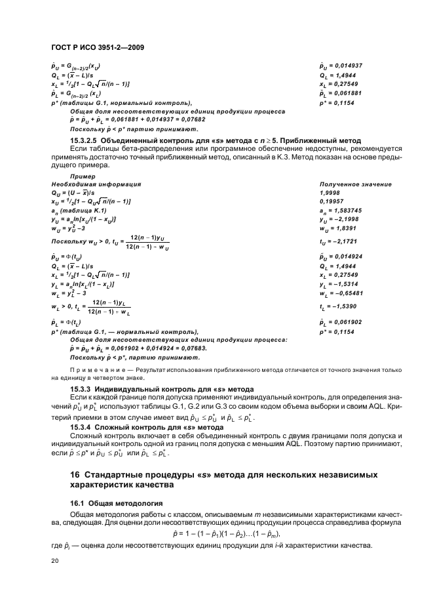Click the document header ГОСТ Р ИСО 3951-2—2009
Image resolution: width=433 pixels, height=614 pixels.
97,47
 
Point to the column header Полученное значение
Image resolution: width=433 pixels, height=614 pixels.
354,185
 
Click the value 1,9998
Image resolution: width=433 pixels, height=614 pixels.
330,193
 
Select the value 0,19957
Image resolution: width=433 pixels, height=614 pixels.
331,201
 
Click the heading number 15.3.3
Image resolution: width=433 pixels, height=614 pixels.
83,390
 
